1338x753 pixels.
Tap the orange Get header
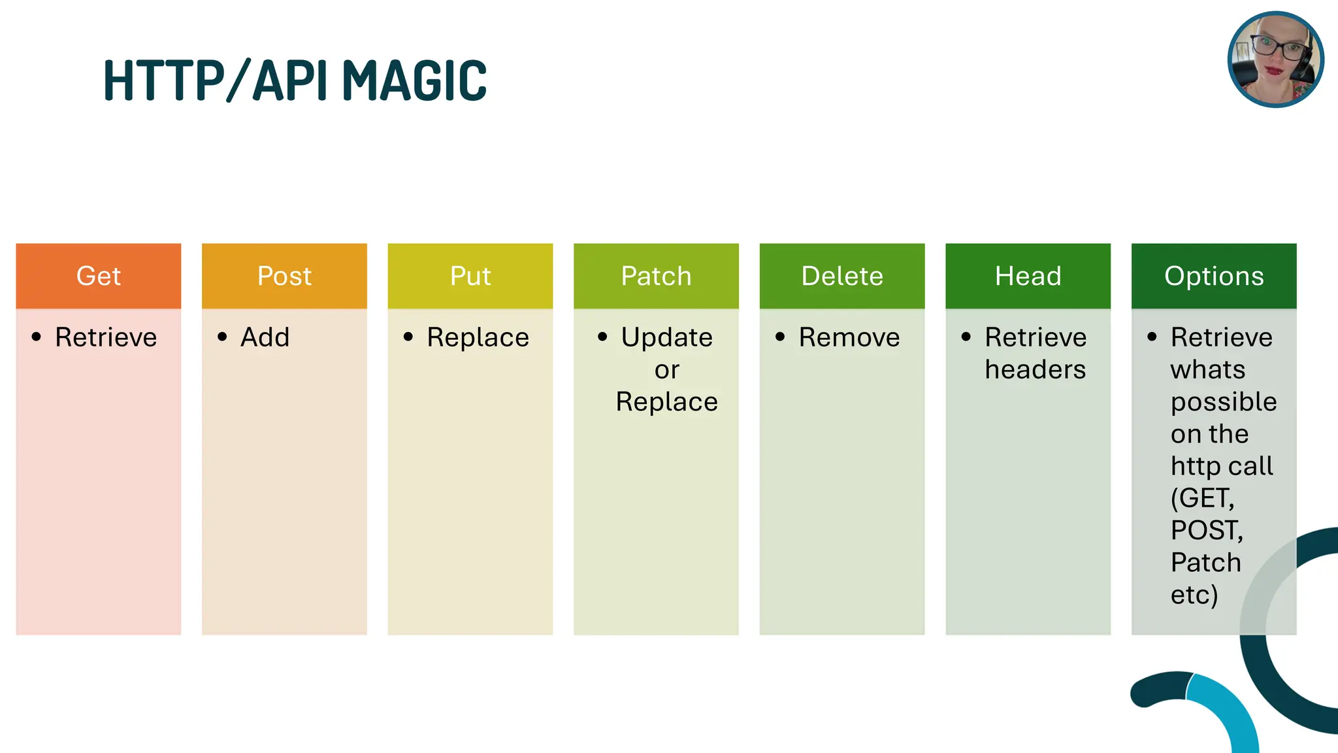point(99,276)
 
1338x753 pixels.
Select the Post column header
point(284,276)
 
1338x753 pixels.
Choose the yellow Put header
point(470,276)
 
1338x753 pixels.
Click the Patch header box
point(656,276)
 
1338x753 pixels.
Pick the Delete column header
point(842,276)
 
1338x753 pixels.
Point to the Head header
point(1028,276)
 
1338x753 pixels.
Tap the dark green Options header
point(1214,276)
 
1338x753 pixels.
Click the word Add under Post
point(265,337)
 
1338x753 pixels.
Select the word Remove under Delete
point(849,337)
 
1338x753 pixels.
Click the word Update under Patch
point(667,337)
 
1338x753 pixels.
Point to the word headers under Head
point(1036,370)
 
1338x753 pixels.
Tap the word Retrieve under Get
point(106,337)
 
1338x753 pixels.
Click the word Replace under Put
point(478,337)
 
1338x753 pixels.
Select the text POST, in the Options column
point(1207,530)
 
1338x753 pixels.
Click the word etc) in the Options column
point(1194,595)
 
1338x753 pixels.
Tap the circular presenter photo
point(1275,59)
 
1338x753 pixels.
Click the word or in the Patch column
point(667,370)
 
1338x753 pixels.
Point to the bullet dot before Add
point(222,337)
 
